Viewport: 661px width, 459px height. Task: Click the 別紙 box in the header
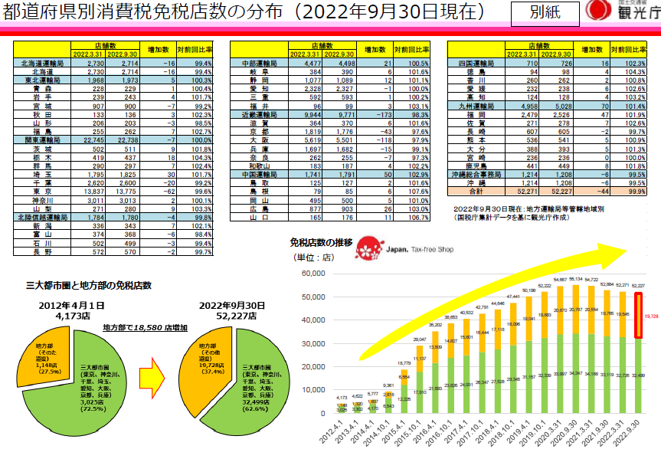coord(549,13)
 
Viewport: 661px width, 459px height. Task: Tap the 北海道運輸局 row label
coord(42,64)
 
